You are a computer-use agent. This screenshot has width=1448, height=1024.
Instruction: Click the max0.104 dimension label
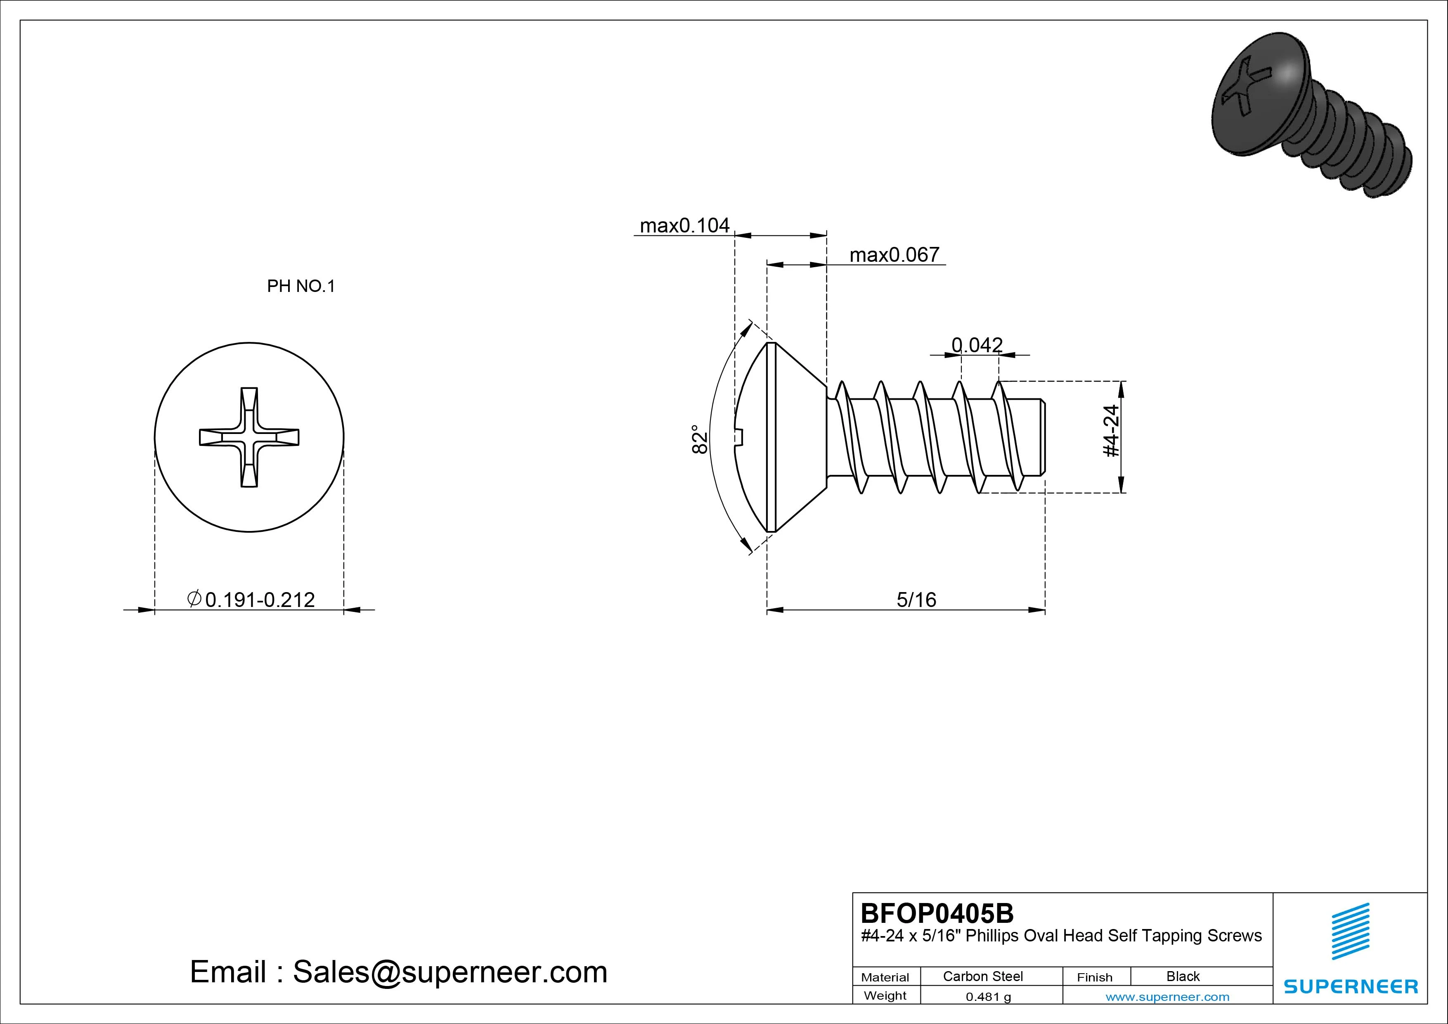click(x=684, y=225)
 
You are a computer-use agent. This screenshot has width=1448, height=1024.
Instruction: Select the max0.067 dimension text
click(x=894, y=254)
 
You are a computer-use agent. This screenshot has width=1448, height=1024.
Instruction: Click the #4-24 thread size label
click(x=1111, y=431)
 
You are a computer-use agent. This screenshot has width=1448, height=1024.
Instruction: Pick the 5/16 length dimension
click(x=916, y=600)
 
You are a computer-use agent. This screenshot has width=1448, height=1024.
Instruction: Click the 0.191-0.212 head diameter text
click(x=260, y=600)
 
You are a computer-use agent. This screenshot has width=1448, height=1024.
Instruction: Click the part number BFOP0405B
click(x=937, y=913)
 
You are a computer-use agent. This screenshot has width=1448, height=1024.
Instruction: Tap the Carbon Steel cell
click(x=982, y=976)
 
